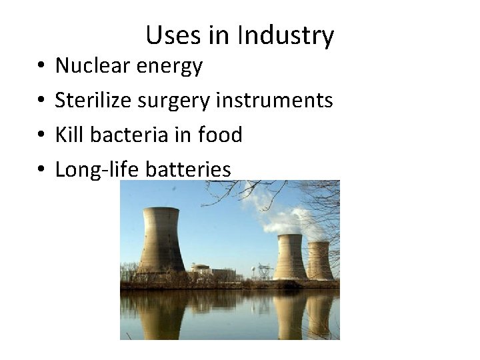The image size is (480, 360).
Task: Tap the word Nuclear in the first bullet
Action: pyautogui.click(x=93, y=65)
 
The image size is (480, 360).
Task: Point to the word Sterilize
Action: pyautogui.click(x=93, y=100)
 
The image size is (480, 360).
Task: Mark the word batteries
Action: pyautogui.click(x=188, y=169)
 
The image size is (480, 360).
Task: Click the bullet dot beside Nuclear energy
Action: pyautogui.click(x=41, y=66)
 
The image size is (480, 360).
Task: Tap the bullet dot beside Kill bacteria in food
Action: pyautogui.click(x=41, y=135)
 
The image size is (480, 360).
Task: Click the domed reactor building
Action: pyautogui.click(x=201, y=269)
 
